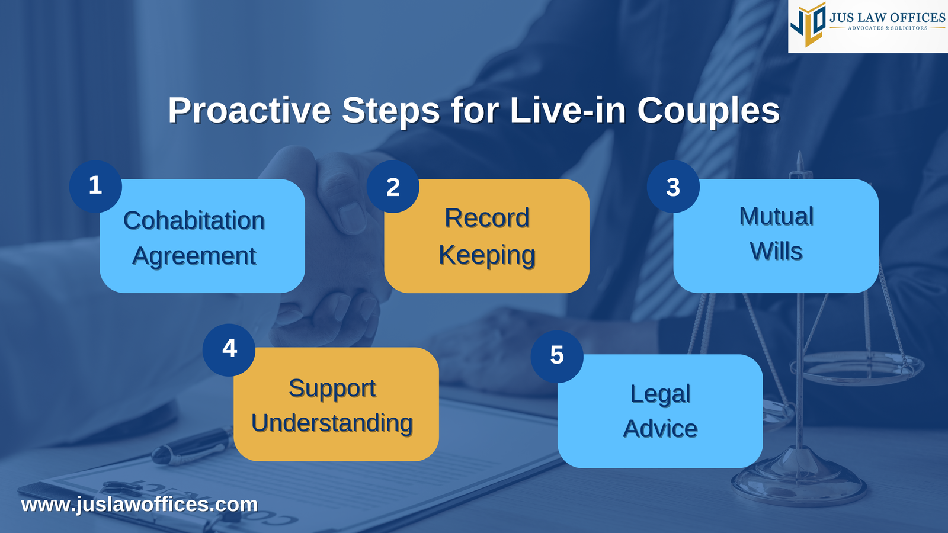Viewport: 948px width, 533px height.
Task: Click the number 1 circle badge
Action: coord(95,187)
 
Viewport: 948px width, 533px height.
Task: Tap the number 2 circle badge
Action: coord(393,187)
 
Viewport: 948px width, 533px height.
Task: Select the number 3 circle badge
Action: coord(673,187)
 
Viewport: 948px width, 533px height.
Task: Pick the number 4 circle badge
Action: coord(229,349)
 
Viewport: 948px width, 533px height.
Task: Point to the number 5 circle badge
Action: coord(557,356)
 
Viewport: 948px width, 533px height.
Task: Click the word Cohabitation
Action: coord(194,221)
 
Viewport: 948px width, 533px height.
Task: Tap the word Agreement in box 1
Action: coord(194,256)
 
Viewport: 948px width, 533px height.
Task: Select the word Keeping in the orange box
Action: coord(486,255)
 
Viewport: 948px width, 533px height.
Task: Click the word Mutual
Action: coord(776,217)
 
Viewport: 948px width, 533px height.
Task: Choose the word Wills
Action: coord(776,252)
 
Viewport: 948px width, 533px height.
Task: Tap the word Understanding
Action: coord(332,423)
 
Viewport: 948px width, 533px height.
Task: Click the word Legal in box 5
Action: coord(660,394)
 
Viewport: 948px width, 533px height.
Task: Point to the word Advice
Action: coord(660,429)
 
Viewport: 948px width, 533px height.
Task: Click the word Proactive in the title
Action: coord(249,111)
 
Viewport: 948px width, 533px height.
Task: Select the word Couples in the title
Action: coord(708,111)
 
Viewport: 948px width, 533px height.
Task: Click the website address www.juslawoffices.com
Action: coord(139,505)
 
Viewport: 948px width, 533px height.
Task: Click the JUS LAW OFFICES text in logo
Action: coord(887,18)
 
